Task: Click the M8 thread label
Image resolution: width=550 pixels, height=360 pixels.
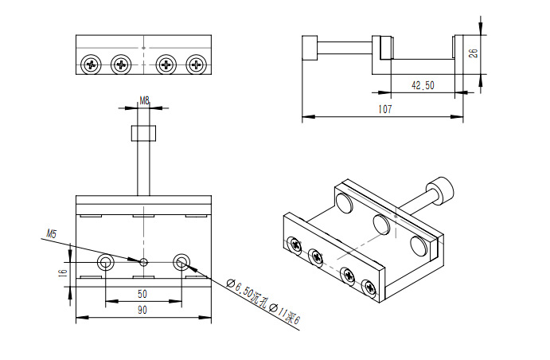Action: [145, 100]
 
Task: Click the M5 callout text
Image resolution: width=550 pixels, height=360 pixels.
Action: [52, 234]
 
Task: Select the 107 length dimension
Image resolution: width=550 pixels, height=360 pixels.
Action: [384, 108]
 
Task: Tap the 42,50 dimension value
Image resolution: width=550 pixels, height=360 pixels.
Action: [423, 84]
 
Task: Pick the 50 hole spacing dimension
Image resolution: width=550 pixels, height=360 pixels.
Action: [143, 292]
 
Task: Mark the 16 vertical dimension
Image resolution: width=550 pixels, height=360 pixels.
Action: [62, 272]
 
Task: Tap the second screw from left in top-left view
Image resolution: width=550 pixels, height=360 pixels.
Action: [121, 64]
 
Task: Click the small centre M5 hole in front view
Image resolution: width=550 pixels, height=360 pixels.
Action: [144, 261]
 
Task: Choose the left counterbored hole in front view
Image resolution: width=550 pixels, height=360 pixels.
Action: [105, 262]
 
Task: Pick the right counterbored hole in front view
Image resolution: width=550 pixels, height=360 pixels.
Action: [181, 261]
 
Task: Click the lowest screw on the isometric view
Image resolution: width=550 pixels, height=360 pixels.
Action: [369, 288]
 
